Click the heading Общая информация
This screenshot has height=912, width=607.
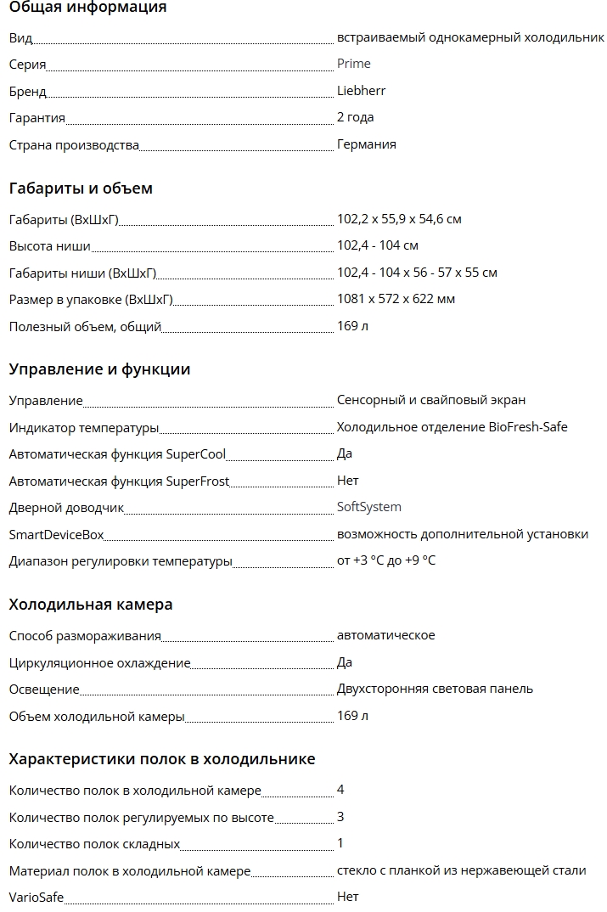[87, 8]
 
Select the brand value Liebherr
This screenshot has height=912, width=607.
[361, 91]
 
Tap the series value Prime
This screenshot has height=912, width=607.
[353, 64]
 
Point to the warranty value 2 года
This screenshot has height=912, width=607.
[355, 117]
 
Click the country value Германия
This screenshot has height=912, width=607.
[366, 144]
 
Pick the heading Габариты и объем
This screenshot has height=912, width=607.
[81, 189]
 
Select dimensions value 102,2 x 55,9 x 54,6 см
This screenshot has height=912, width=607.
[399, 219]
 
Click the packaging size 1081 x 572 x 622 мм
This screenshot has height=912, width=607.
[396, 299]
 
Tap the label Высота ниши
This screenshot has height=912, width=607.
[49, 246]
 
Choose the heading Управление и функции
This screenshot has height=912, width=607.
[99, 369]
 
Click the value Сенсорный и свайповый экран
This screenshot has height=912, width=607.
[430, 400]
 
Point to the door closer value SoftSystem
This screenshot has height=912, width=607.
[368, 507]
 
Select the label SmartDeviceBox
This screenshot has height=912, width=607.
[56, 534]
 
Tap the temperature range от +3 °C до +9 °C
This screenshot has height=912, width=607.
[385, 560]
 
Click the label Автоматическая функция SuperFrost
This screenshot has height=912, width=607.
[119, 481]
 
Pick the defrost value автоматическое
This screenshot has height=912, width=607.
[385, 635]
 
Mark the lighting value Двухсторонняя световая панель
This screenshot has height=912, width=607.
[435, 689]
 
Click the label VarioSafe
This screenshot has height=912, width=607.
[36, 897]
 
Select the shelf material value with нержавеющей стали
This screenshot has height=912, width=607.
[461, 870]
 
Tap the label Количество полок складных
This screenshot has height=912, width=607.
[94, 844]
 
